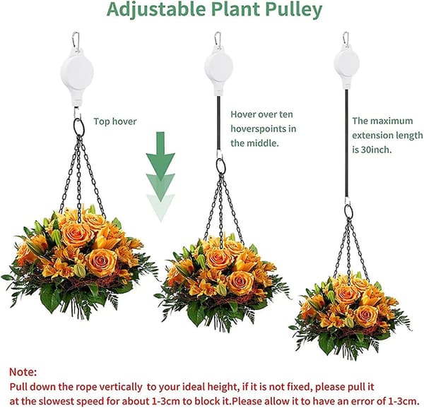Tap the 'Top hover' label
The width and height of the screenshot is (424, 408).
(x=115, y=121)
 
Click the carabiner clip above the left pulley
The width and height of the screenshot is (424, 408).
(x=76, y=40)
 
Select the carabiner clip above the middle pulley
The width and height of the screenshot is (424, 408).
(x=218, y=40)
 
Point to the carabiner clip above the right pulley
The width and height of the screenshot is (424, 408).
(x=346, y=39)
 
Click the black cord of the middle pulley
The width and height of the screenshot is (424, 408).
(x=218, y=123)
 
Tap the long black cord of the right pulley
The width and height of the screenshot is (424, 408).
(x=346, y=144)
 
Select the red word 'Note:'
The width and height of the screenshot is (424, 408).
(x=23, y=372)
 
